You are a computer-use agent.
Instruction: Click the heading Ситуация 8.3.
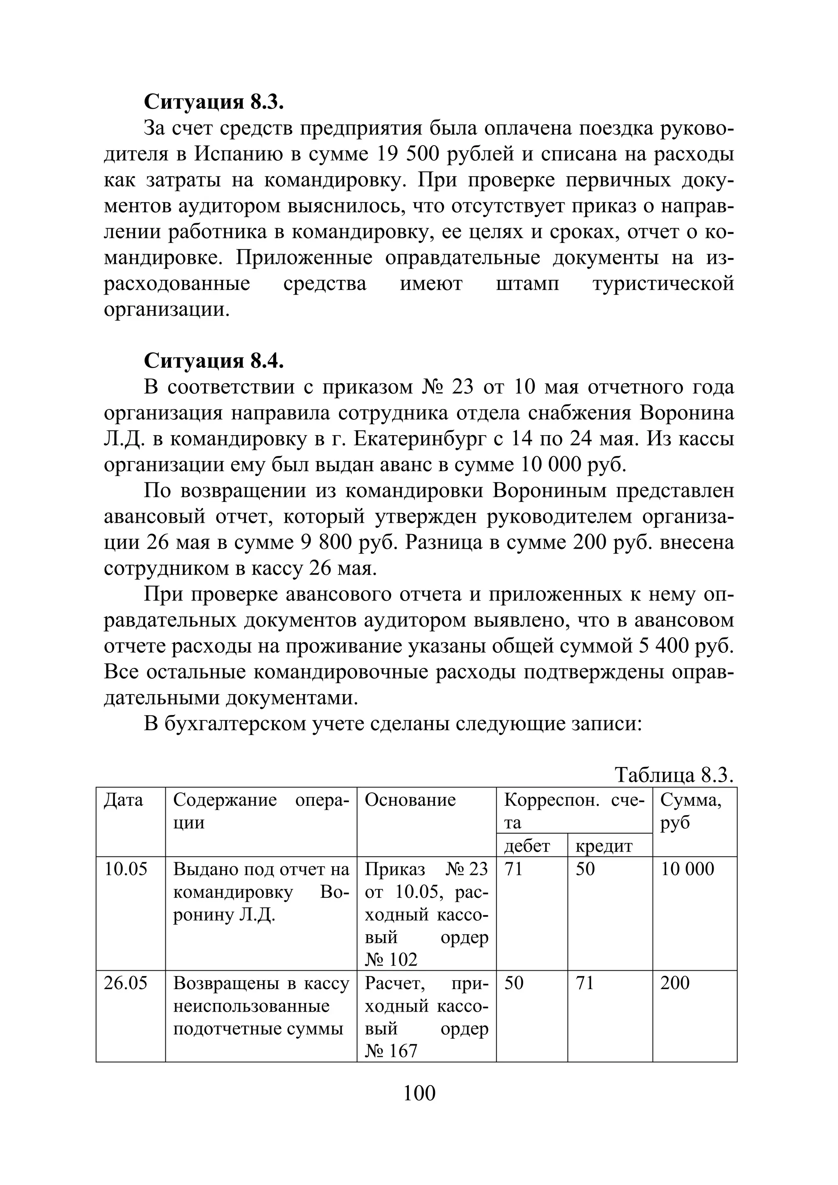pos(214,102)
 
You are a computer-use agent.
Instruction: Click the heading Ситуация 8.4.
pos(214,361)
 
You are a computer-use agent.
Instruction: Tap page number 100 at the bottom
pos(419,1093)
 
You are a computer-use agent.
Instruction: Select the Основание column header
pos(410,800)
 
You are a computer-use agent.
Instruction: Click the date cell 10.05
pos(126,869)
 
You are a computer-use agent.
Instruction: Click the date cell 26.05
pos(126,983)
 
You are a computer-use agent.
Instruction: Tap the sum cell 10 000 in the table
pos(687,869)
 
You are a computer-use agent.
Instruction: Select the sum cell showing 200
pos(674,983)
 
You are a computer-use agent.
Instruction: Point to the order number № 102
pos(391,960)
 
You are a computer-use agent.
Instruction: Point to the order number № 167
pos(391,1051)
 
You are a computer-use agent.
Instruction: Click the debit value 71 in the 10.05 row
pos(513,869)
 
